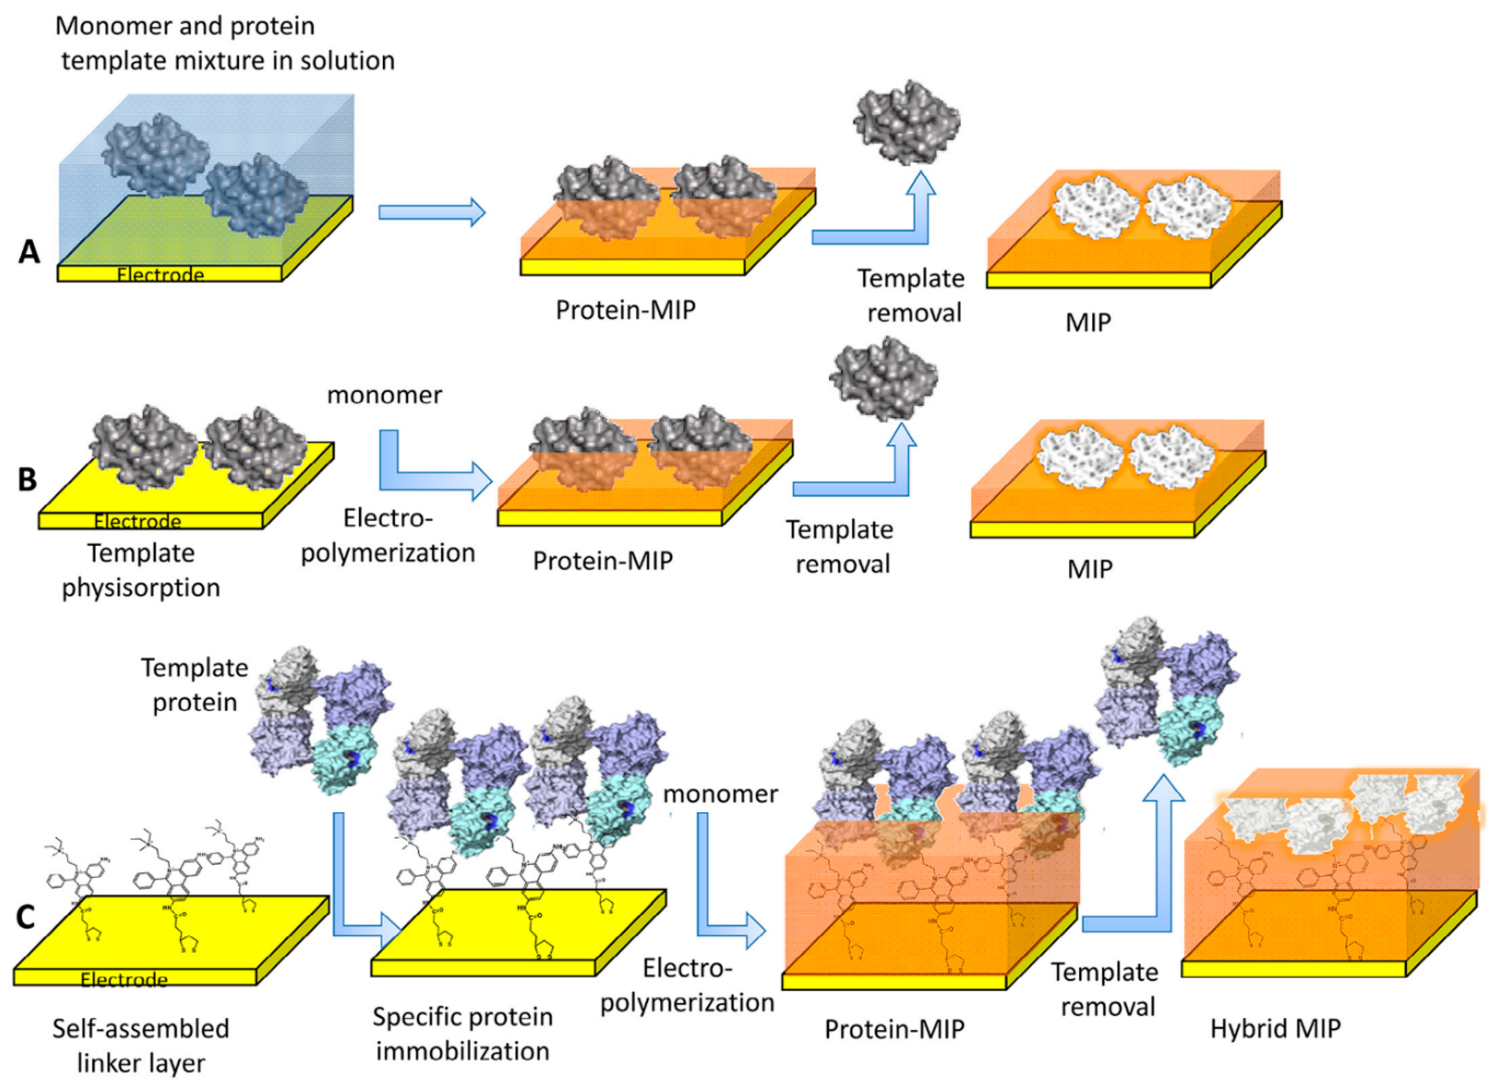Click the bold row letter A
point(29,252)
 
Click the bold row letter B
point(27,479)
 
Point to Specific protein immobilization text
point(462,1034)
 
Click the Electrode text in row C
point(124,980)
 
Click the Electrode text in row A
point(160,274)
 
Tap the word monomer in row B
point(384,395)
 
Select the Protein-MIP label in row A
point(625,310)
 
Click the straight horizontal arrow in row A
point(432,212)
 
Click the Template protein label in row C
point(195,685)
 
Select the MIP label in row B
point(1089,568)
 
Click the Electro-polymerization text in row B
point(388,535)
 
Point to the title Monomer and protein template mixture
point(224,43)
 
